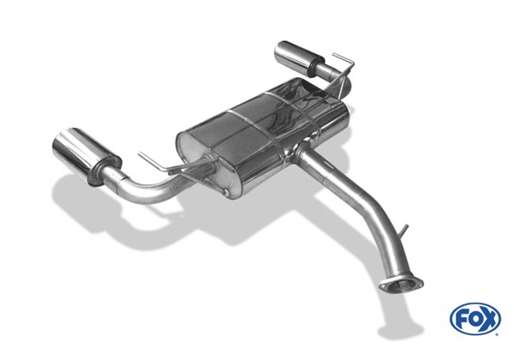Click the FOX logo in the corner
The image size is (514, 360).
[x=475, y=318]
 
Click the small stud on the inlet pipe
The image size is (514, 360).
[x=404, y=231]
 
